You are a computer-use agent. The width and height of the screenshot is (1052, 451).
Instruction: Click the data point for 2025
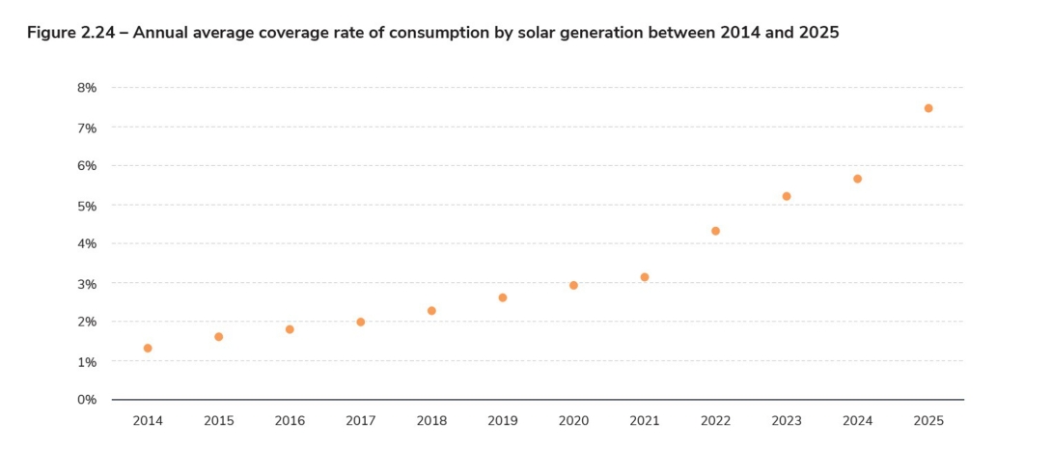click(928, 108)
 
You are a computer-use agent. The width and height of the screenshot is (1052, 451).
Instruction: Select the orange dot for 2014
click(148, 348)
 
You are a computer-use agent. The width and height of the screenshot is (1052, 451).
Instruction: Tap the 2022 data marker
click(715, 231)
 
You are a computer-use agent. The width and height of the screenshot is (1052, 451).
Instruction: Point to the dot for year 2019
click(503, 297)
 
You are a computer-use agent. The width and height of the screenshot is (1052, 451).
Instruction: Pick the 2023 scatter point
click(787, 196)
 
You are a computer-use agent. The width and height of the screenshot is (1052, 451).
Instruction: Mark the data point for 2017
click(361, 322)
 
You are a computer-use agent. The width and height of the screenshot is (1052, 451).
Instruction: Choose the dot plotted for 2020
click(573, 285)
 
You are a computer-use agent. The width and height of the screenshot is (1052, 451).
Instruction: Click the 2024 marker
click(857, 179)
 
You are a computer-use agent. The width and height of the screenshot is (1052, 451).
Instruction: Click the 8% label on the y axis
click(87, 88)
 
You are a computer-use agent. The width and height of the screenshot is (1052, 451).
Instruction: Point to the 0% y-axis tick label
click(87, 400)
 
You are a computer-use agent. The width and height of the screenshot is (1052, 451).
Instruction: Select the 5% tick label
click(87, 206)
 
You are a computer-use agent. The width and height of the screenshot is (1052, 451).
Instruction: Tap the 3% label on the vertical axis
click(87, 284)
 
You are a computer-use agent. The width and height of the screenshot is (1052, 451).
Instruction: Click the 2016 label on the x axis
click(290, 422)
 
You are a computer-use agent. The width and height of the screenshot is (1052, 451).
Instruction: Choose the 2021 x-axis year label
click(645, 422)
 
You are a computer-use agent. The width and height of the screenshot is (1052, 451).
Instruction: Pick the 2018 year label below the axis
click(431, 422)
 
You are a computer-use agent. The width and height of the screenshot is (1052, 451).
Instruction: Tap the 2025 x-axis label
click(928, 422)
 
